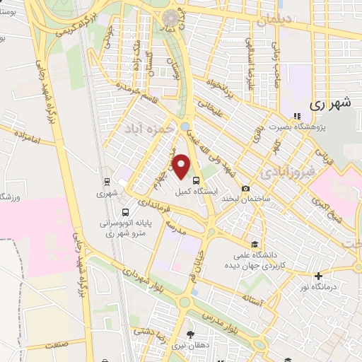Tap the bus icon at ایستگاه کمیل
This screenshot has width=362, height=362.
click(196, 180)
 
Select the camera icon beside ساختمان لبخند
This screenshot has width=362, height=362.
click(245, 189)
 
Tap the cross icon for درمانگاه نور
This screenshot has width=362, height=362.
click(318, 275)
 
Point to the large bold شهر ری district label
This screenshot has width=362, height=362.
click(331, 103)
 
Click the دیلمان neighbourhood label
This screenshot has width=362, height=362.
click(275, 22)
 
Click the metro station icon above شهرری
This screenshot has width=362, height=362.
click(106, 180)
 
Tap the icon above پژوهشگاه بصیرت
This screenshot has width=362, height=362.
click(296, 117)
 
